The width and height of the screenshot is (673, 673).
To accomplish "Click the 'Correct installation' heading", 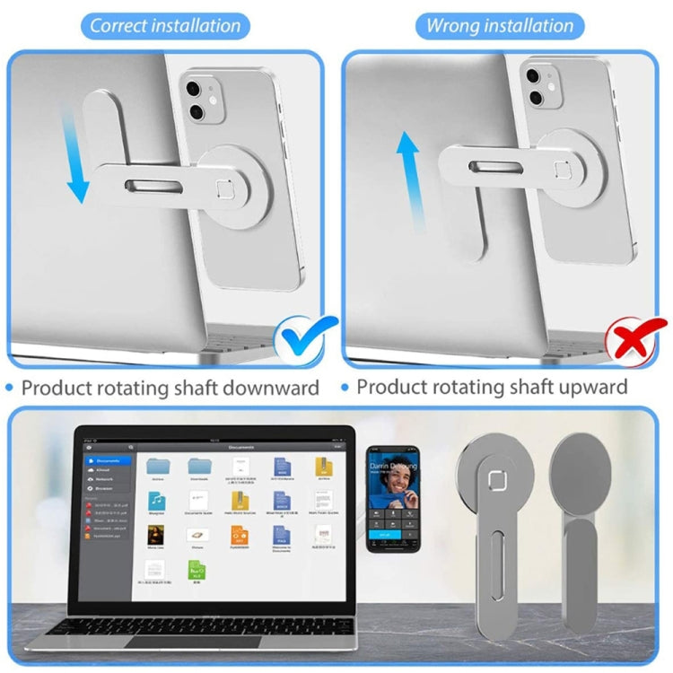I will (x=165, y=25).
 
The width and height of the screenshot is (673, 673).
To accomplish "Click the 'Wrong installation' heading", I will (x=499, y=25).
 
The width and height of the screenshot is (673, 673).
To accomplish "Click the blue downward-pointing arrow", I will (x=79, y=153).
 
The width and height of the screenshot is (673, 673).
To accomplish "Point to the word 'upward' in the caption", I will (x=582, y=388).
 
